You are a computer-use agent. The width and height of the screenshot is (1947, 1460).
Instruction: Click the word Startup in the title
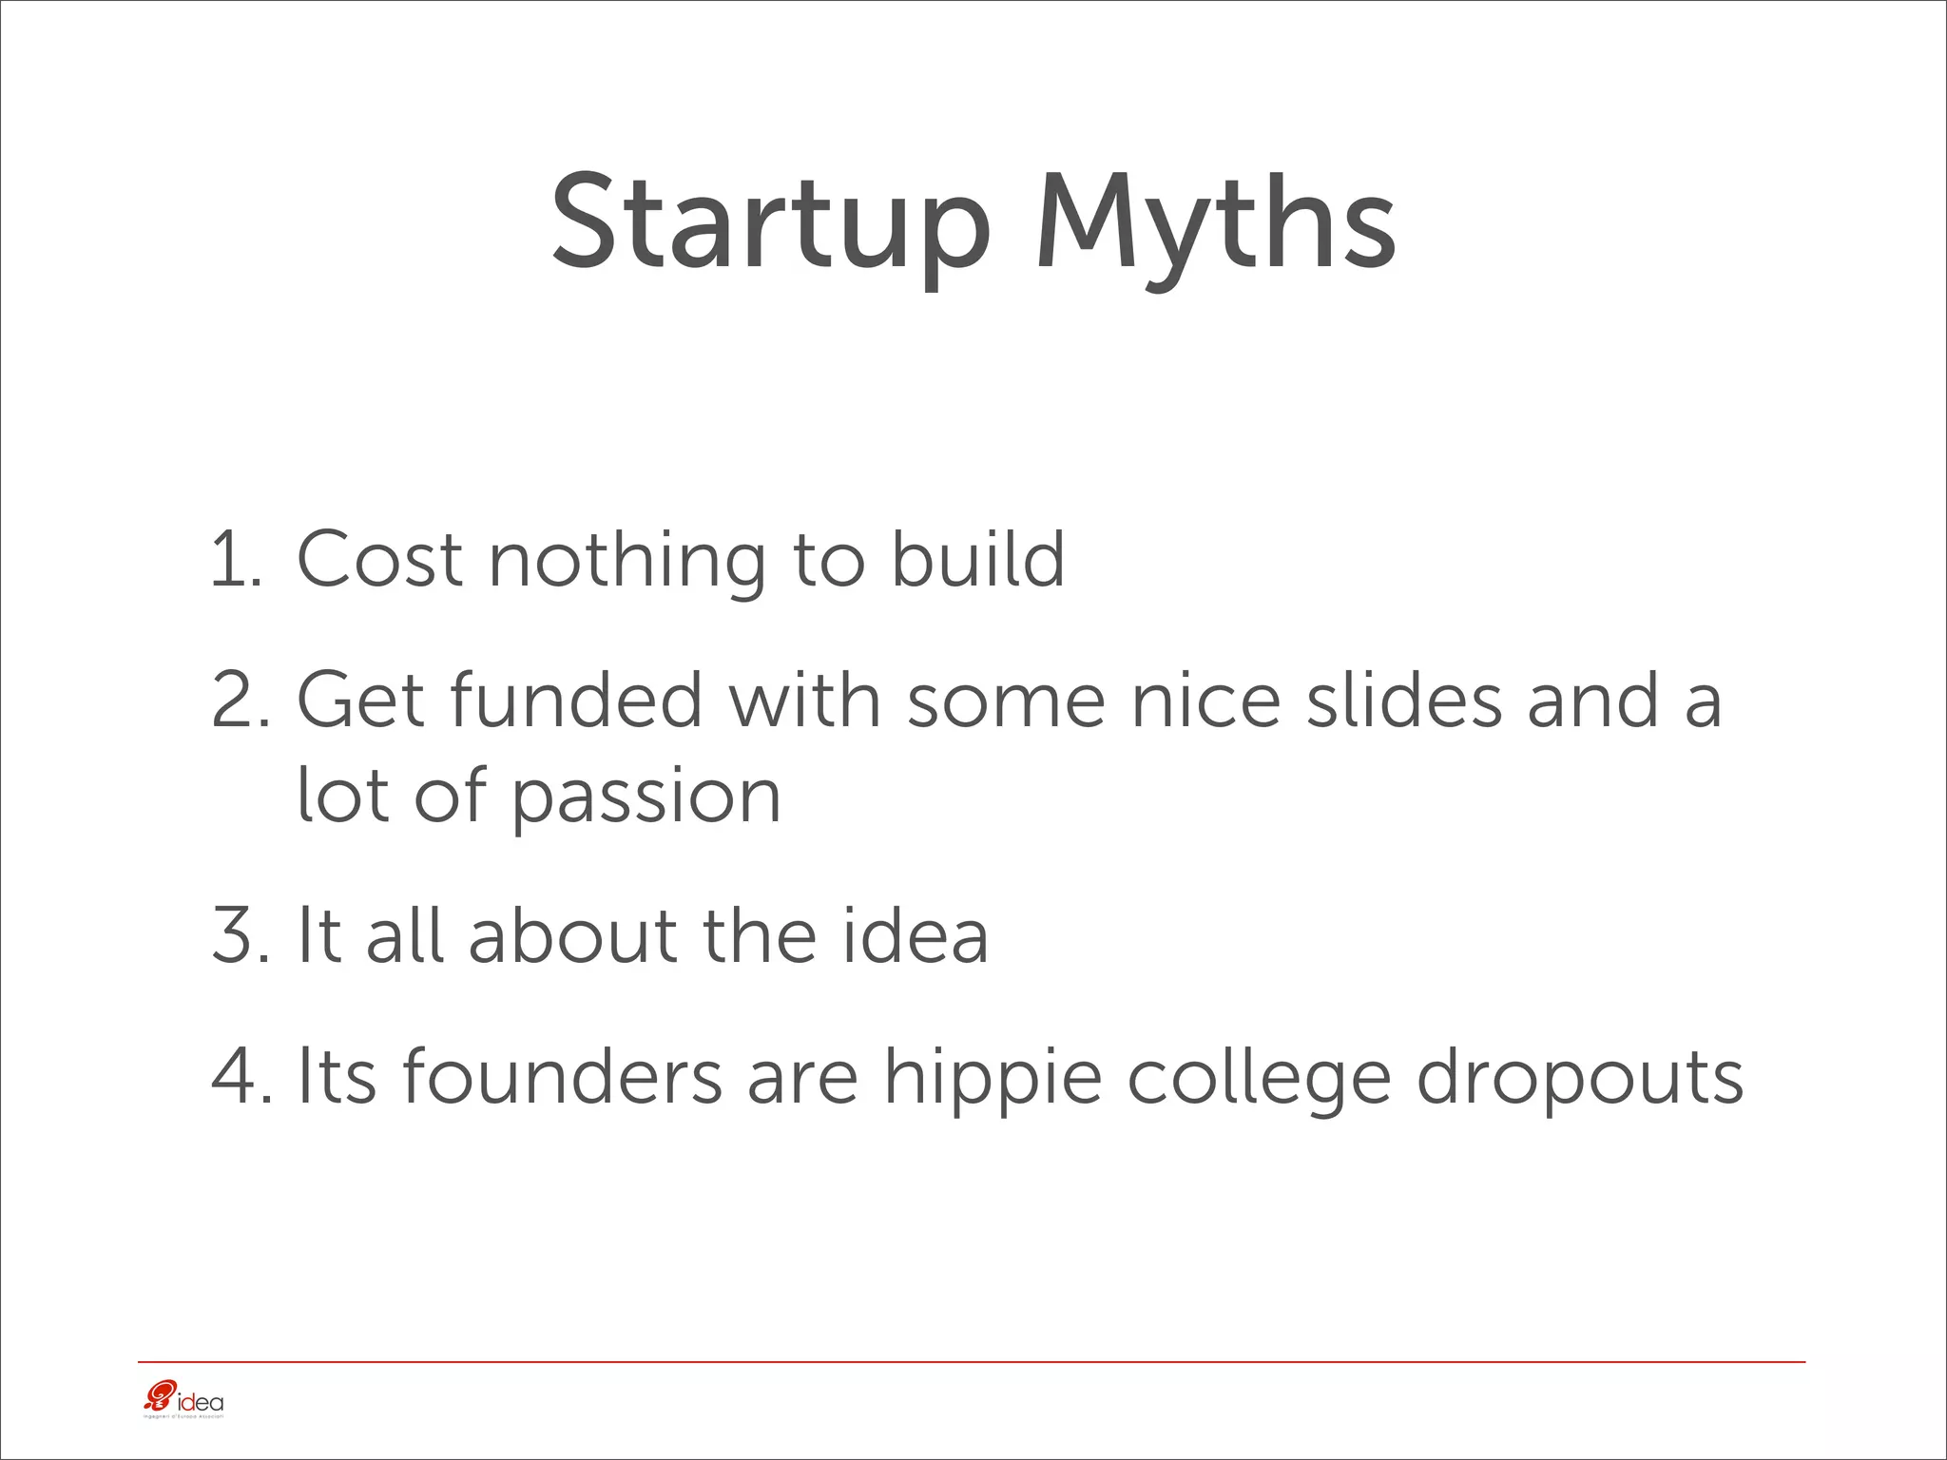click(770, 223)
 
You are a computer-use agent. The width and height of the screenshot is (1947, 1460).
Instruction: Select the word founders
click(562, 1076)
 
